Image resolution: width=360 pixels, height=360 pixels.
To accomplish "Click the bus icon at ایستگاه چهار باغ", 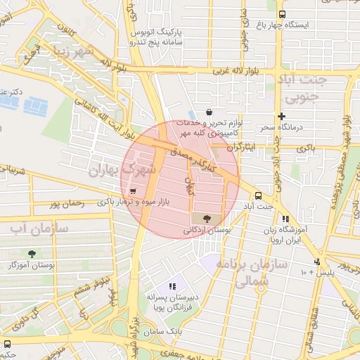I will (x=282, y=14).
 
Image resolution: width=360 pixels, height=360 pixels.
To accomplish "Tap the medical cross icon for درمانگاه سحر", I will (x=282, y=116).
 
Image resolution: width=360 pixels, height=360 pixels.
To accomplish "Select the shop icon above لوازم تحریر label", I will (x=210, y=112).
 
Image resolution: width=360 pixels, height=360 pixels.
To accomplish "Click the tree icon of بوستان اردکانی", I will (x=205, y=219).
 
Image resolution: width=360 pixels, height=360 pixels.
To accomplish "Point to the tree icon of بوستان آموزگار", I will (x=32, y=254).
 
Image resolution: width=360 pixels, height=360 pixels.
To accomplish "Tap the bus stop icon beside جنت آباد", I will (x=258, y=195).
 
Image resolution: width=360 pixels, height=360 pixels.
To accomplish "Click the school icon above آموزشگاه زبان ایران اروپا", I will (x=285, y=219).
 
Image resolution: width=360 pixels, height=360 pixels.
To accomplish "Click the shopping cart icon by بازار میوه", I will (x=131, y=190).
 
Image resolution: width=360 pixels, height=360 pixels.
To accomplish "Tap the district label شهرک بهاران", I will (x=116, y=171).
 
